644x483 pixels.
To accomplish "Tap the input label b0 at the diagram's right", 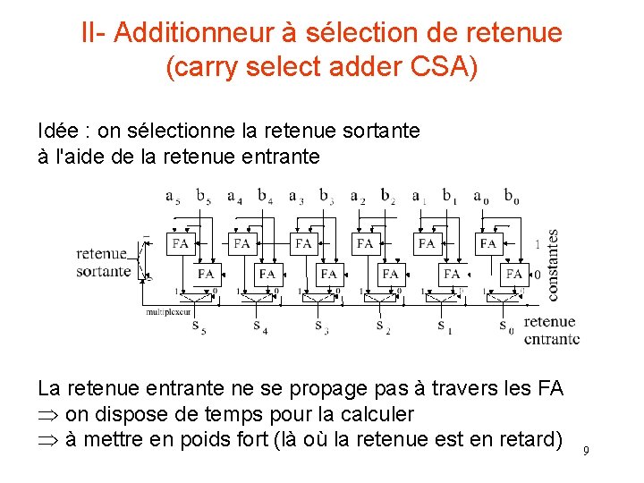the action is click(x=511, y=196).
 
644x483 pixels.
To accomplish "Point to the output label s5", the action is click(x=198, y=326).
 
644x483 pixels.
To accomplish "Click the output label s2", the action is click(x=382, y=326).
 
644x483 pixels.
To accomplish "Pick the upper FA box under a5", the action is click(x=181, y=243).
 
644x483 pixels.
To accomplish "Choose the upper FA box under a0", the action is click(x=488, y=243).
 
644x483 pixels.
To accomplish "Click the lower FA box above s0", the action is click(x=513, y=273).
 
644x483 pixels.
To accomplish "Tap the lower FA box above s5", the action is click(x=206, y=273).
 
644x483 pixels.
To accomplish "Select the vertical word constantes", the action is click(x=553, y=265).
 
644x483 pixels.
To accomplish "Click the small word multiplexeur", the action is click(x=168, y=311).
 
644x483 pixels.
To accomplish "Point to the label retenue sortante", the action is click(x=103, y=262).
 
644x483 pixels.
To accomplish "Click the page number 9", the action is click(x=586, y=451).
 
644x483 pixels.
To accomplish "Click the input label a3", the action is click(x=296, y=196).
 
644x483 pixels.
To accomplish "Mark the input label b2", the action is click(x=387, y=196).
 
